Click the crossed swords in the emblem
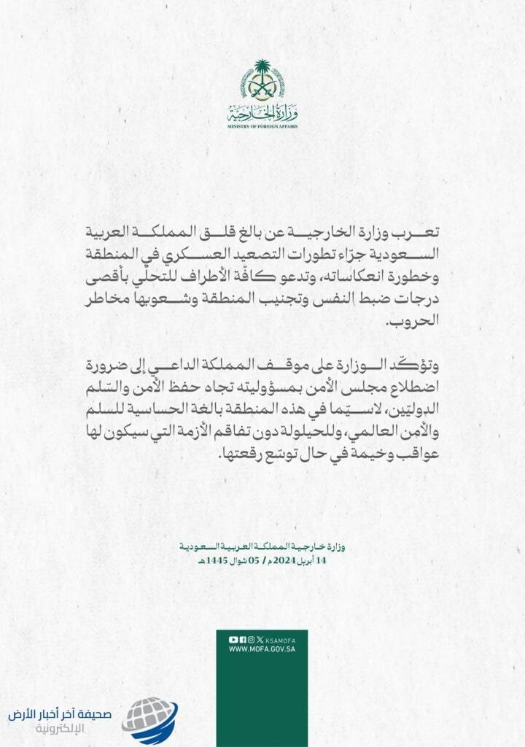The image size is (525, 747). [x=262, y=92]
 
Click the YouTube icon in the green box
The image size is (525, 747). [x=233, y=639]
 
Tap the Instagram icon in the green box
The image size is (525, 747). [x=251, y=639]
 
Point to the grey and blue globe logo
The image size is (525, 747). [x=149, y=719]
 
